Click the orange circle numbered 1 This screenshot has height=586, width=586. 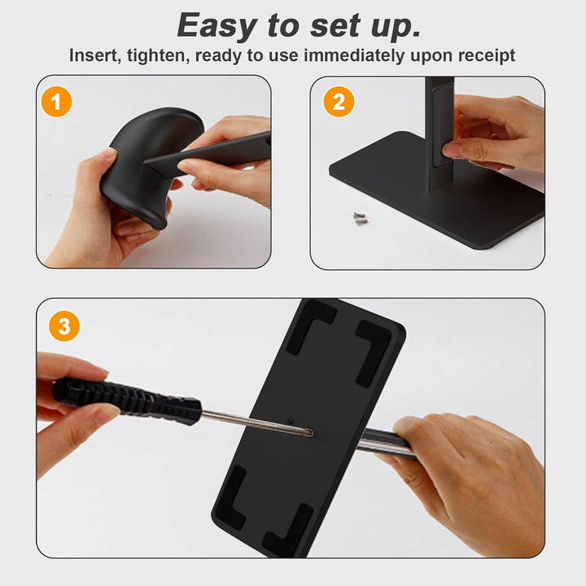tap(56, 102)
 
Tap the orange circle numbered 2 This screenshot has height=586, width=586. tap(339, 102)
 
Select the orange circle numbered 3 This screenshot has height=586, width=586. tap(64, 326)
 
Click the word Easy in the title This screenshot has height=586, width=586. tap(216, 25)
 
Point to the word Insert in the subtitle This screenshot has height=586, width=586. tap(95, 55)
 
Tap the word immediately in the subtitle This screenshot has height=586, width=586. tap(354, 56)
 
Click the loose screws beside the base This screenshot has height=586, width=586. tap(361, 218)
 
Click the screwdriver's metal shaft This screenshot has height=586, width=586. tap(257, 422)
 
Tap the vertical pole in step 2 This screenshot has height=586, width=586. tap(440, 134)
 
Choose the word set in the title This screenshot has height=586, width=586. tap(335, 25)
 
